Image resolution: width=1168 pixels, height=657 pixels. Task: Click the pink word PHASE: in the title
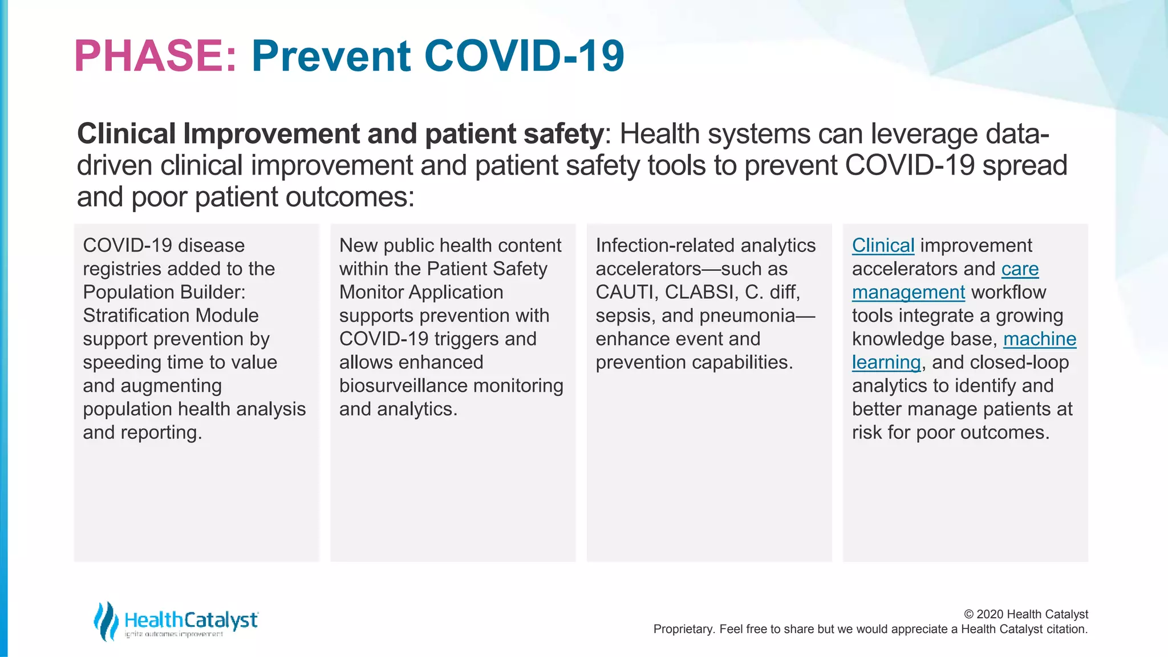(155, 56)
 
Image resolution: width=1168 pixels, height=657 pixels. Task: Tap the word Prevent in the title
(331, 56)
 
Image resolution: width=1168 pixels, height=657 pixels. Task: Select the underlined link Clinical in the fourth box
(883, 246)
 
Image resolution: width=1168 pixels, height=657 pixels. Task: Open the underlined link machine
(1039, 339)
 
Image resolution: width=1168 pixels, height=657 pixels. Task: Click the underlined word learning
(886, 363)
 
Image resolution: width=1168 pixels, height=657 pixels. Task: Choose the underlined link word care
(1020, 269)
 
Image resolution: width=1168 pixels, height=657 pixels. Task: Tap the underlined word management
(908, 293)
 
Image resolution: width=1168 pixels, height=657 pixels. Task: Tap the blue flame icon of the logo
(106, 620)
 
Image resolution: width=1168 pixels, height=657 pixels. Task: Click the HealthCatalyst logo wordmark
(191, 620)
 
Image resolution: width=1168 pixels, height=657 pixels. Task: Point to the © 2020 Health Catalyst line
(1025, 614)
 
